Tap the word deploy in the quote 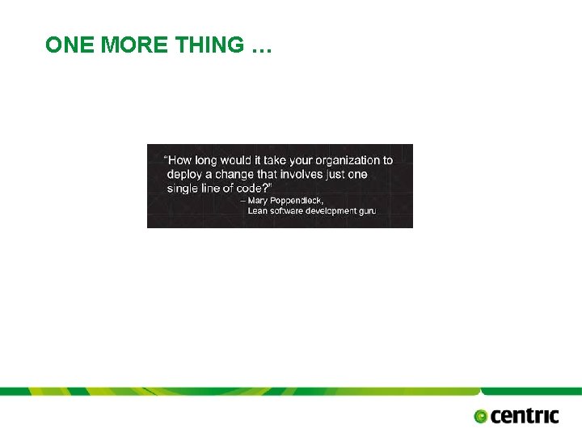(x=186, y=174)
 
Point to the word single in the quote (x=184, y=188)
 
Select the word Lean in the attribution (x=257, y=211)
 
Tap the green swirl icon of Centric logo (x=482, y=417)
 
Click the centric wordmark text (x=525, y=415)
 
